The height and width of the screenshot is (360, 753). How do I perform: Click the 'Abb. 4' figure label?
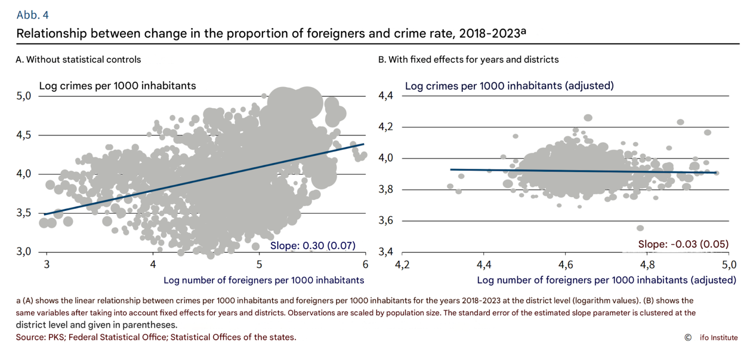click(32, 15)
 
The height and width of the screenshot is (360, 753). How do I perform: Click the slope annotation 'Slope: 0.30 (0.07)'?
click(312, 246)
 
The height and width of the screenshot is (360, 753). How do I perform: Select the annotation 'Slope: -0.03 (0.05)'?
click(683, 244)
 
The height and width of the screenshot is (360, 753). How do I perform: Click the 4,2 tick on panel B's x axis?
click(402, 265)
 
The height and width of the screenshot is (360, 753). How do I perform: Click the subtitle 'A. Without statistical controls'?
click(78, 60)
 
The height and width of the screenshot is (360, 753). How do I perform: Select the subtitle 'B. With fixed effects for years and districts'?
click(468, 60)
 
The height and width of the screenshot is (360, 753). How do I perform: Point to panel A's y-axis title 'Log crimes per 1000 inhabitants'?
click(118, 86)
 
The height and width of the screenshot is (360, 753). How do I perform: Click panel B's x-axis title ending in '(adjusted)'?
click(606, 280)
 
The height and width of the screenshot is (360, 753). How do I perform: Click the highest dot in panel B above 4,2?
click(588, 117)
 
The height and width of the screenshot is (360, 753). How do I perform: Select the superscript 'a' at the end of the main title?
click(523, 31)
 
